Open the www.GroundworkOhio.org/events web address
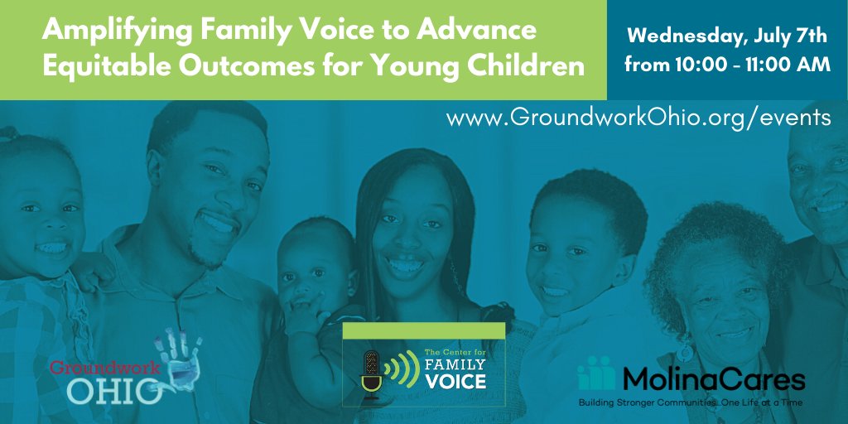638,118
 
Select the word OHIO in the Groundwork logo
103,390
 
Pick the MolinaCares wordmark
712,379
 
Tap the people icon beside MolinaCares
595,374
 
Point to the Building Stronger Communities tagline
691,402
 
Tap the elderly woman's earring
684,354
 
